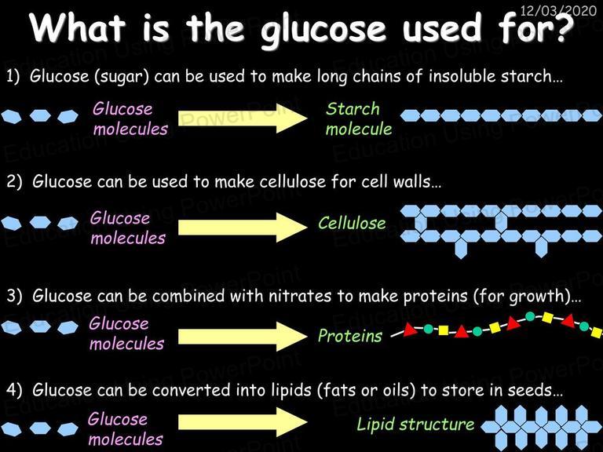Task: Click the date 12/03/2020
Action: [x=558, y=10]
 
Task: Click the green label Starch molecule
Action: [x=358, y=118]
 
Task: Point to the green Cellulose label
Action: [x=352, y=223]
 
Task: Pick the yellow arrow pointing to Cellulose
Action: [x=243, y=227]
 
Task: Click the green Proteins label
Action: [x=350, y=336]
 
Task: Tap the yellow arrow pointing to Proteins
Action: [x=243, y=337]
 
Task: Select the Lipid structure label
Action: [x=415, y=424]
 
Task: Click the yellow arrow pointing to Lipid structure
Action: [x=243, y=422]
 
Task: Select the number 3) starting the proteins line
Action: [x=15, y=297]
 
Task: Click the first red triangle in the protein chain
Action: [x=410, y=329]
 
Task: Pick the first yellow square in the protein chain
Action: [x=444, y=330]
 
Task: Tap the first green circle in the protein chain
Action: [x=428, y=329]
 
